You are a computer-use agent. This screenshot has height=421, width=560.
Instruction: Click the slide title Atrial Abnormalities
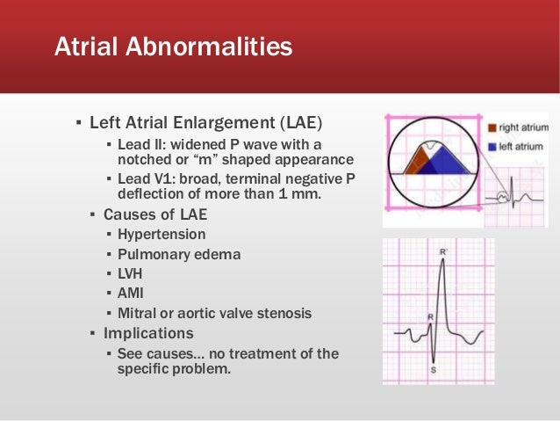click(x=173, y=47)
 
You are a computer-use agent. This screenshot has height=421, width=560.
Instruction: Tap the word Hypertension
click(x=162, y=235)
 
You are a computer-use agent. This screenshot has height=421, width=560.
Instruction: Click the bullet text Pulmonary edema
click(x=179, y=254)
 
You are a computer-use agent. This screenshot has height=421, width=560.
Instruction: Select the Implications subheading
click(x=148, y=333)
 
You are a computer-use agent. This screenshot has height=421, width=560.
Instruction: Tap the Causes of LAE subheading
click(x=154, y=214)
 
